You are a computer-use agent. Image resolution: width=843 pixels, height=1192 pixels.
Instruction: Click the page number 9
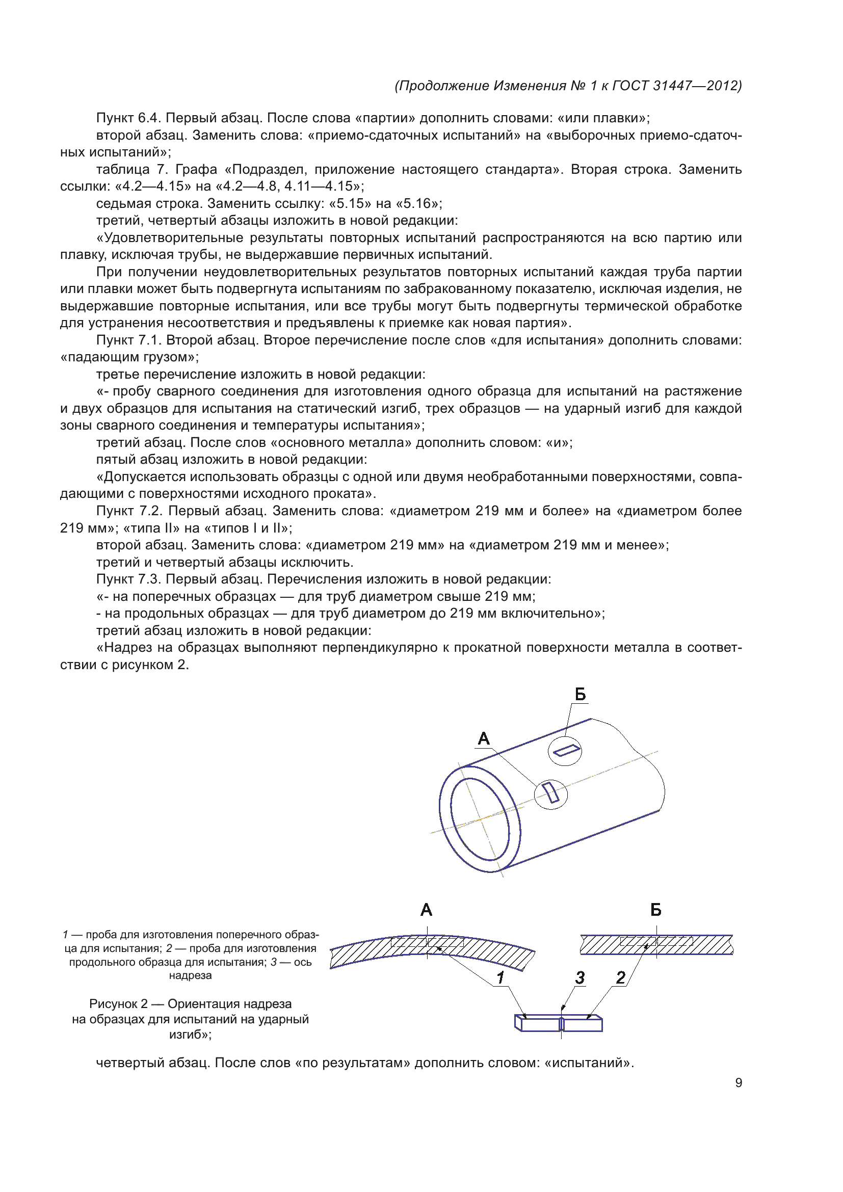click(738, 1082)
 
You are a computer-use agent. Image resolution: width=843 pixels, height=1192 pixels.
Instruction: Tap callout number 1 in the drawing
click(500, 977)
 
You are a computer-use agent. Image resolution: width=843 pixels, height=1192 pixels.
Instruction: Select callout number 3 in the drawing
click(580, 977)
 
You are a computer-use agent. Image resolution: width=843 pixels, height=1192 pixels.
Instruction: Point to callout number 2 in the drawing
click(620, 977)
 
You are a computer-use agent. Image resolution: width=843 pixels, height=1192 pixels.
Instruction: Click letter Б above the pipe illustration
click(581, 694)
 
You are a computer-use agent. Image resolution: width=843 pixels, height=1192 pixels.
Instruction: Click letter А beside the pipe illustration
click(484, 738)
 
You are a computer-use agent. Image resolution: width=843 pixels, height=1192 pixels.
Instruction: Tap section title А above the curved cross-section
click(426, 910)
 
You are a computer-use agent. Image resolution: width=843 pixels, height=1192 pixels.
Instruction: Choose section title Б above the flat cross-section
click(655, 910)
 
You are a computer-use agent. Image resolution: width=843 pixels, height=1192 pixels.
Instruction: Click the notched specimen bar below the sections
click(558, 1023)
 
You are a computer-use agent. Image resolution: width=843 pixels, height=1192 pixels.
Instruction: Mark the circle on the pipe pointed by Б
click(565, 751)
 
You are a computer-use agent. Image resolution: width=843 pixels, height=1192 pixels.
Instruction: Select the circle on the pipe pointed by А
click(551, 794)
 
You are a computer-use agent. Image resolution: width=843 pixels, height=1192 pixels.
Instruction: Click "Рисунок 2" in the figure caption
click(118, 1003)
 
